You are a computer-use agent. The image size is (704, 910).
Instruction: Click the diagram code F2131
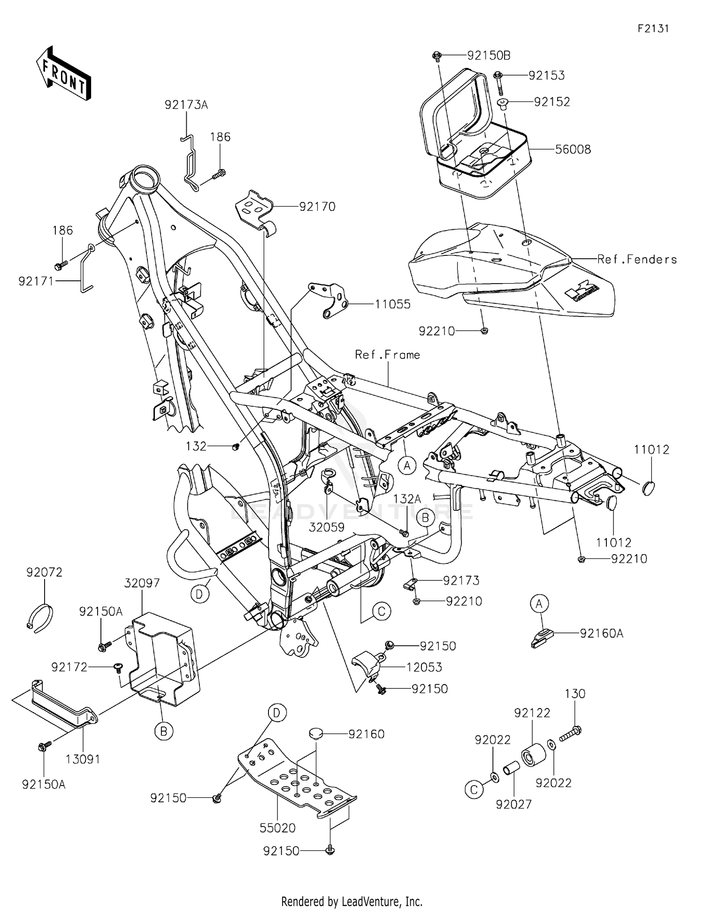point(653,29)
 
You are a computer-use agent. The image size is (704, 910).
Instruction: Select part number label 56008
point(573,149)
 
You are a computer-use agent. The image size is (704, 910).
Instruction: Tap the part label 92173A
point(186,105)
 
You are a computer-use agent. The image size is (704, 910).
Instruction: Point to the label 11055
point(392,304)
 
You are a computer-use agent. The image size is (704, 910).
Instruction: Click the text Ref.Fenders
point(637,259)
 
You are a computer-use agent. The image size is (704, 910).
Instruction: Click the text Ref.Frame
point(387,355)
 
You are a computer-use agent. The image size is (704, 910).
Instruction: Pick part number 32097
point(142,583)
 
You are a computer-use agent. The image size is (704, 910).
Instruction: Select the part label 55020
point(277,828)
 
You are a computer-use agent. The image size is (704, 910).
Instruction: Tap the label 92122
point(532,713)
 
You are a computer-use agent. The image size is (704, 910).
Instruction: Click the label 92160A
point(601,633)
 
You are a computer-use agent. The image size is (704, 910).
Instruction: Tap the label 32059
point(327,527)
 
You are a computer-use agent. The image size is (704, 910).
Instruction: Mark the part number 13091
point(83,759)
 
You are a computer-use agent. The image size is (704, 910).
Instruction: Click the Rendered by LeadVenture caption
point(352,901)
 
